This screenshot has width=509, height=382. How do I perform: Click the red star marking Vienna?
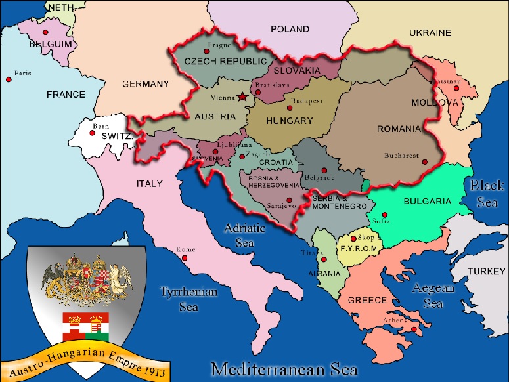243,97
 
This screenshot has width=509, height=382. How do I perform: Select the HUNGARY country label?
289,121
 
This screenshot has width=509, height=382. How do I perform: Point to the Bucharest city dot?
425,161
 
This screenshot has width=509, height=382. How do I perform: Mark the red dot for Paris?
9,79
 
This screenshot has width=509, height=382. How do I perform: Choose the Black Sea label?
487,194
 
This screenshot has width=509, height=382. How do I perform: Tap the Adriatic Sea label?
245,235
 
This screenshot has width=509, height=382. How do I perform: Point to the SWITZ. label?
118,136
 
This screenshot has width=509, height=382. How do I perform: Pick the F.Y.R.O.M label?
358,249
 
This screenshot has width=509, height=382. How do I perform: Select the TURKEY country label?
487,271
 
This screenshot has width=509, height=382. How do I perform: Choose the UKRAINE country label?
430,32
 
